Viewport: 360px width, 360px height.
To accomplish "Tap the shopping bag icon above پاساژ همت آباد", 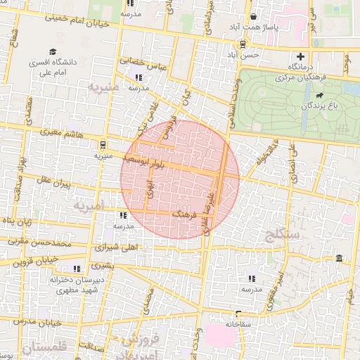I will pyautogui.click(x=253, y=17).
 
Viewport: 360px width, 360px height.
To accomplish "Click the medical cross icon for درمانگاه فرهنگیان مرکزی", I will pyautogui.click(x=302, y=56).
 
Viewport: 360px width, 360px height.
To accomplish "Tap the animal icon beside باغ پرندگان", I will pyautogui.click(x=320, y=94).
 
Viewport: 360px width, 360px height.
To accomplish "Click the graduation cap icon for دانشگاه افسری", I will pyautogui.click(x=53, y=51).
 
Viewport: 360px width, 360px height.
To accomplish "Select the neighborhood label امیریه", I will pyautogui.click(x=87, y=207).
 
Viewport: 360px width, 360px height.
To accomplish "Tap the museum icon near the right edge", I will pyautogui.click(x=340, y=259).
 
